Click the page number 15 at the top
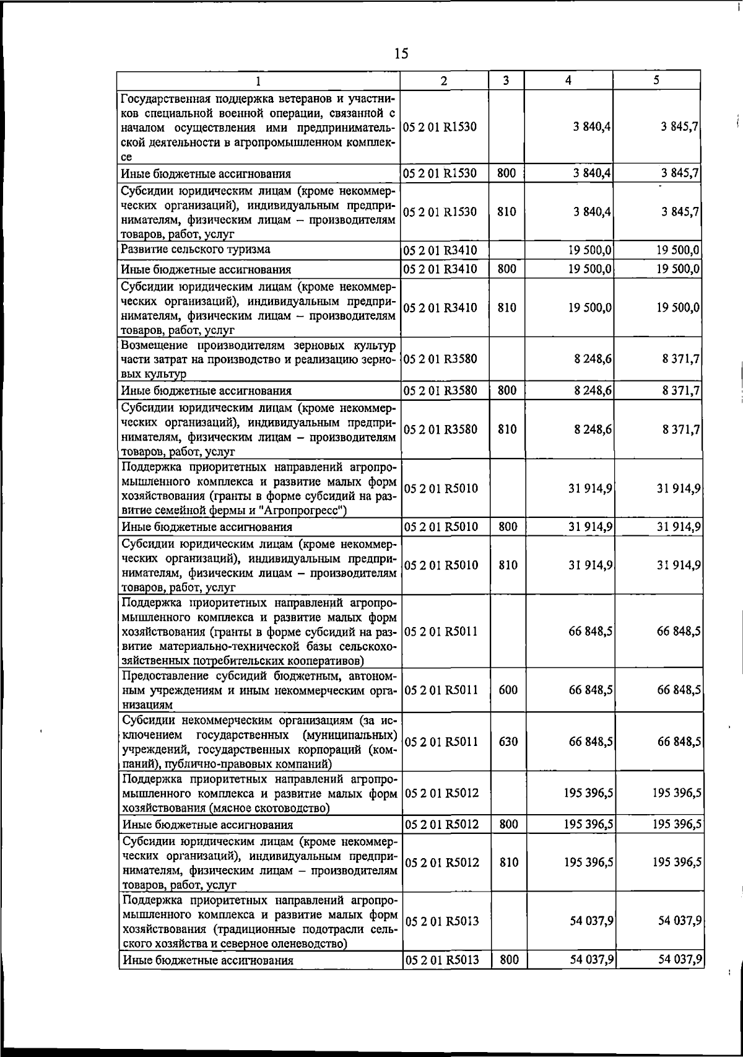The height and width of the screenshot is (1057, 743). point(401,53)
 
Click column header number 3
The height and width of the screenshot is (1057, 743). point(506,81)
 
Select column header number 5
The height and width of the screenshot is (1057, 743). point(656,81)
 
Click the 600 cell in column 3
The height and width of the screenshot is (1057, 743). point(508,690)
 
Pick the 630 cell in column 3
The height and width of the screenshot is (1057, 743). point(508,742)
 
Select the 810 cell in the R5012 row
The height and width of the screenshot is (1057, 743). point(508,862)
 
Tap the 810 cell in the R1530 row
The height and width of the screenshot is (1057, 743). point(506,212)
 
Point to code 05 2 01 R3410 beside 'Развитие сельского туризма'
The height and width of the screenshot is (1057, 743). point(440,251)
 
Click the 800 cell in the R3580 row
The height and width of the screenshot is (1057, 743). point(506,390)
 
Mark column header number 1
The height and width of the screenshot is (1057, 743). point(259,81)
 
